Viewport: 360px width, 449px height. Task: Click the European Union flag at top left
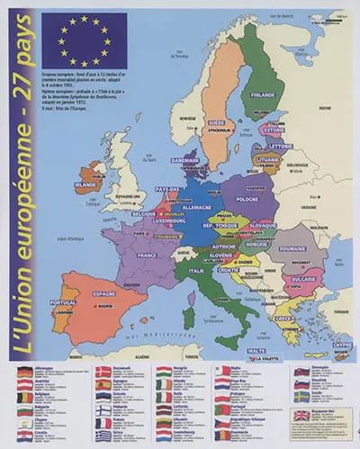coord(84,40)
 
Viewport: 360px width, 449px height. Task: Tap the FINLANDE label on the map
coord(263,94)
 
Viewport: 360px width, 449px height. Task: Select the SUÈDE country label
coord(217,121)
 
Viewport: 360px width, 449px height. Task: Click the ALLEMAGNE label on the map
coord(196,206)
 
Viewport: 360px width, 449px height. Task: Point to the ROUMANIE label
coord(292,247)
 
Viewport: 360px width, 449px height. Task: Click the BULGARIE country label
coord(300,278)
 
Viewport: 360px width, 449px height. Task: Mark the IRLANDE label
coord(85,184)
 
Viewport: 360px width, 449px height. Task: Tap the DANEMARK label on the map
coord(184,161)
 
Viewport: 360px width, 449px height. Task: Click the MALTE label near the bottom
coord(256,350)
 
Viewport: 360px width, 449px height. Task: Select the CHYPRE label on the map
coord(341,344)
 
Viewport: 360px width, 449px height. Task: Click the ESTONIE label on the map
coord(274,130)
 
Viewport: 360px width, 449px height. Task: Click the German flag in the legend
coord(28,371)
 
